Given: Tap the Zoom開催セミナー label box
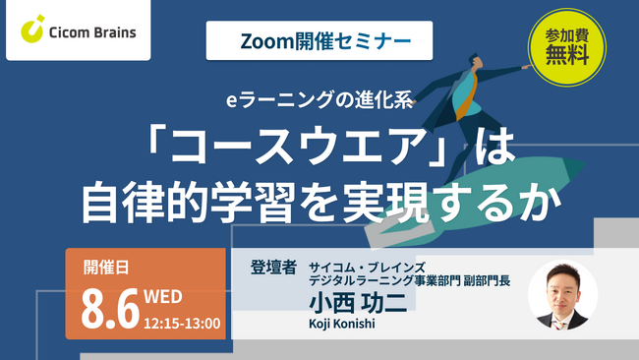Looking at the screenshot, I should click(x=309, y=42).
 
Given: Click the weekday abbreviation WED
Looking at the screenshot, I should click(x=163, y=296).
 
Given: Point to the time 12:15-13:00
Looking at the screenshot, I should click(x=182, y=321).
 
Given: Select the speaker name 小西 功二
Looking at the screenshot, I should click(x=355, y=306).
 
